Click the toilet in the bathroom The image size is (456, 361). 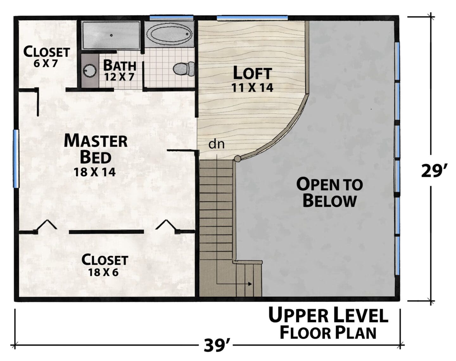click(184, 69)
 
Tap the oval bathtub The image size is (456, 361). click(169, 34)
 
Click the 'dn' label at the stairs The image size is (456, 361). click(216, 144)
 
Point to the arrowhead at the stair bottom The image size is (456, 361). click(250, 284)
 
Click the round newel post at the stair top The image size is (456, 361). click(237, 159)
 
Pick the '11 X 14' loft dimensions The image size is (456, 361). click(252, 87)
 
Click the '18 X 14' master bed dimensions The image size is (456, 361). click(94, 172)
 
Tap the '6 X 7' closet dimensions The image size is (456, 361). click(46, 63)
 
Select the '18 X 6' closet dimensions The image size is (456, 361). click(103, 272)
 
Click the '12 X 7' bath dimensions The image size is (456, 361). click(119, 76)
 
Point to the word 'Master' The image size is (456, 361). click(96, 141)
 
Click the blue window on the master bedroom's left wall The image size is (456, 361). click(16, 159)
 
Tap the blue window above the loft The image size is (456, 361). click(252, 18)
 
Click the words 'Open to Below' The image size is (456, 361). click(330, 193)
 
